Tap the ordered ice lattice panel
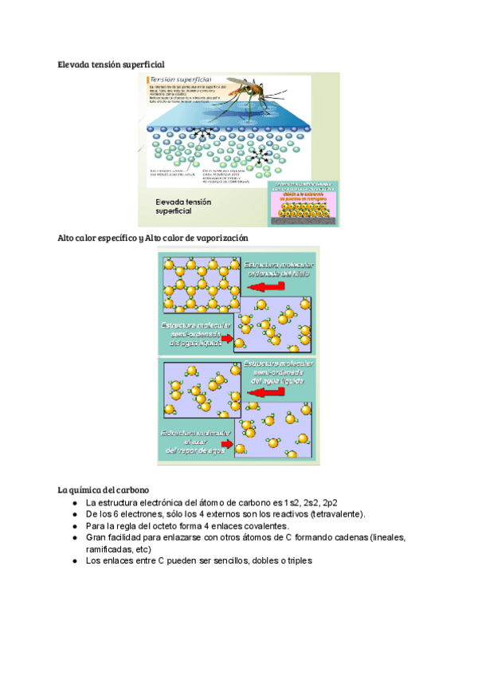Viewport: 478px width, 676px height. coord(201,284)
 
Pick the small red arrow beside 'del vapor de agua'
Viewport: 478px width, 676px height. coord(227,444)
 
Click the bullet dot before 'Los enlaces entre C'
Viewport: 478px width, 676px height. coord(74,560)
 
